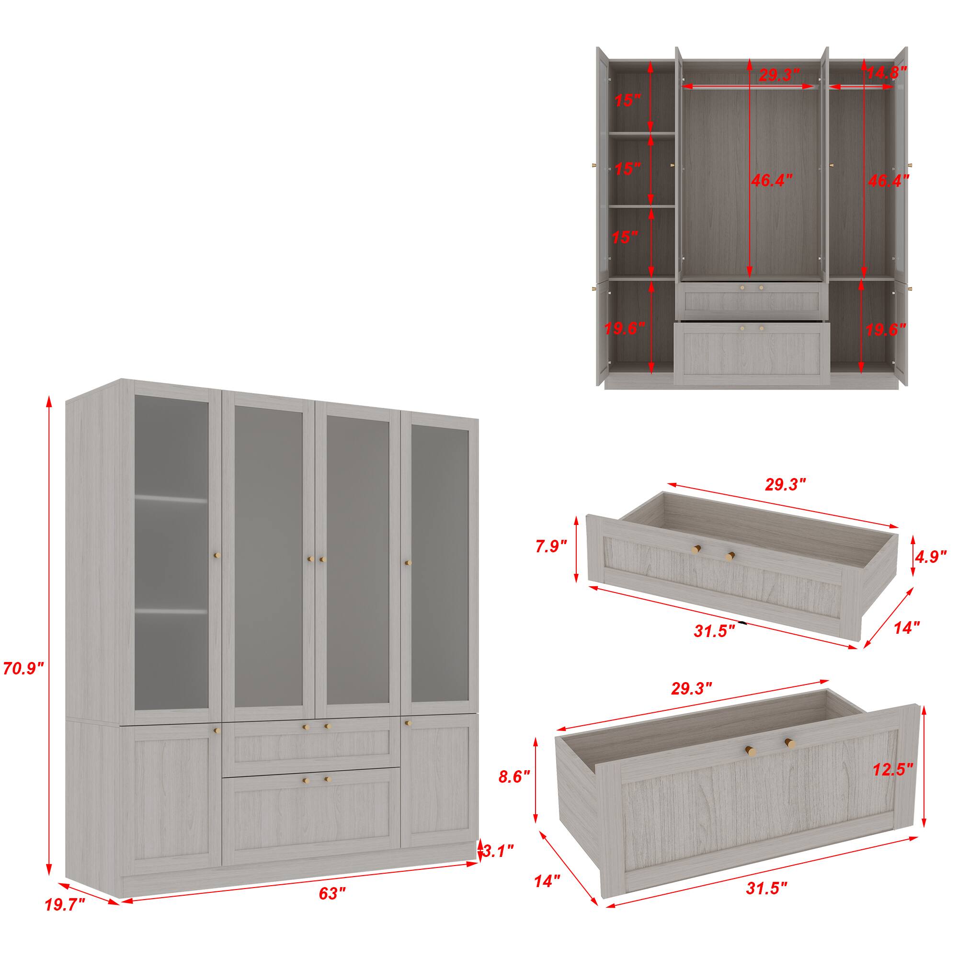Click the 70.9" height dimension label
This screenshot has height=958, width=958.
click(23, 669)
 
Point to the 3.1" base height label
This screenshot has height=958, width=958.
click(497, 851)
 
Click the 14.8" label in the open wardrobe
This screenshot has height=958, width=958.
click(887, 73)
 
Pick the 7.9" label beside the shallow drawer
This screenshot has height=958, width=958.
click(551, 547)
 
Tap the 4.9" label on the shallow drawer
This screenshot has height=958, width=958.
click(931, 557)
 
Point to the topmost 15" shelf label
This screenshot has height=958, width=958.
click(628, 101)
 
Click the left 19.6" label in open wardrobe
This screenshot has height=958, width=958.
click(624, 328)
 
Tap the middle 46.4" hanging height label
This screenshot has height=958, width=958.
click(768, 181)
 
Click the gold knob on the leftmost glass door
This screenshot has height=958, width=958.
click(217, 555)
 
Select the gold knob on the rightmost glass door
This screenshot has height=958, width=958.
click(408, 563)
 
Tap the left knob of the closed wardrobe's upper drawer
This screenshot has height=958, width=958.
click(306, 727)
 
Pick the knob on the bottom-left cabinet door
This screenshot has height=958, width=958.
click(216, 730)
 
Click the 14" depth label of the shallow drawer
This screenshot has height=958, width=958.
click(906, 628)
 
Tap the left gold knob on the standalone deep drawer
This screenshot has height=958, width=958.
click(749, 751)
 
